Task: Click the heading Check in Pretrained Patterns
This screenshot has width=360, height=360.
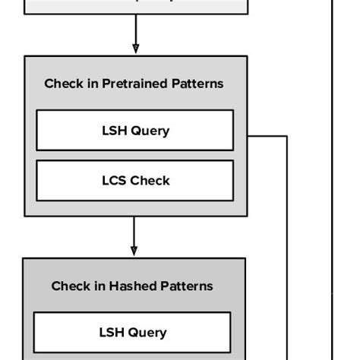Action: pyautogui.click(x=134, y=84)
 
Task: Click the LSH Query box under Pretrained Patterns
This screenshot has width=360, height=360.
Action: pyautogui.click(x=134, y=131)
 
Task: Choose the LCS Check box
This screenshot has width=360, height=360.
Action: pyautogui.click(x=134, y=181)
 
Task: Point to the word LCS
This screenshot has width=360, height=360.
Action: pyautogui.click(x=114, y=181)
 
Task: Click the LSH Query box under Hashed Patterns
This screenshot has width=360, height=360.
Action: pyautogui.click(x=132, y=333)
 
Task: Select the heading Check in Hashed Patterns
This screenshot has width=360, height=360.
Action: pyautogui.click(x=132, y=286)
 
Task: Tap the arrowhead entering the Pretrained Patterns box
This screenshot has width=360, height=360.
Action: pyautogui.click(x=135, y=49)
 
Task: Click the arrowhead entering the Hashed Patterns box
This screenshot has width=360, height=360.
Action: pyautogui.click(x=134, y=251)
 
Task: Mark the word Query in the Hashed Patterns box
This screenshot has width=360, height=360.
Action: pyautogui.click(x=148, y=333)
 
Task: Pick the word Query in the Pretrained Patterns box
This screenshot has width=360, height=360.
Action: pyautogui.click(x=150, y=131)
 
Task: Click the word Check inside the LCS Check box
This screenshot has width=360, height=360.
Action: pyautogui.click(x=150, y=181)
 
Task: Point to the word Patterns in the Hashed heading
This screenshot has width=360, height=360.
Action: pyautogui.click(x=187, y=286)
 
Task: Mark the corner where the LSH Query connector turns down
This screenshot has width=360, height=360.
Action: pyautogui.click(x=287, y=137)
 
